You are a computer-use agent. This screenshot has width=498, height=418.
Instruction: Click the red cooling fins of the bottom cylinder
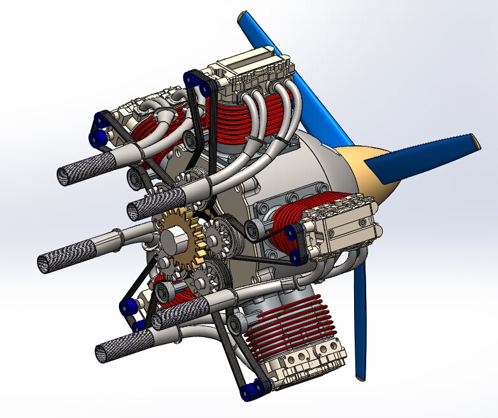point(287,322)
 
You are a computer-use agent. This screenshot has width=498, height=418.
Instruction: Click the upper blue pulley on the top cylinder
point(190,78)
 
